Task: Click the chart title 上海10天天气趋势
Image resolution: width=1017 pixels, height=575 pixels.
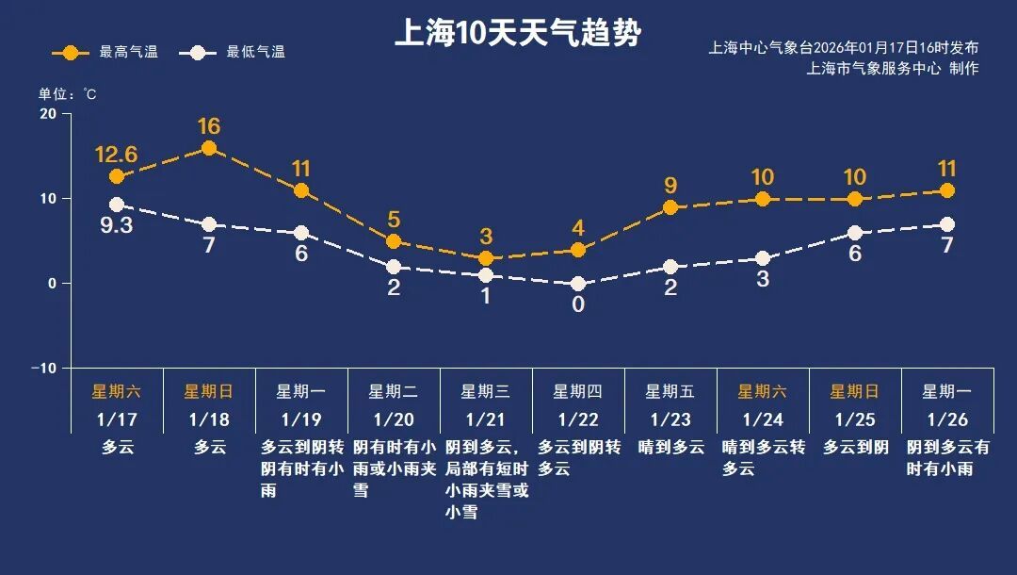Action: pos(517,33)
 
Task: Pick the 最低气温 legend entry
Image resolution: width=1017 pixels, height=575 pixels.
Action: pos(241,53)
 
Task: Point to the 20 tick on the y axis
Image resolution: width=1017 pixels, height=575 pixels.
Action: pos(47,114)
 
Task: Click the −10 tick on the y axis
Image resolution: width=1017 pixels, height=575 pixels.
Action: pos(44,368)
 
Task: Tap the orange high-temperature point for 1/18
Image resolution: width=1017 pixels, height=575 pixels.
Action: pos(209,148)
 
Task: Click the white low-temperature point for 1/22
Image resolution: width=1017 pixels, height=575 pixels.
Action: pos(578,284)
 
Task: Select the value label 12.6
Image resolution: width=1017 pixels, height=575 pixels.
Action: pos(116,154)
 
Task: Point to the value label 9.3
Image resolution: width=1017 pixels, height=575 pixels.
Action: pos(116,226)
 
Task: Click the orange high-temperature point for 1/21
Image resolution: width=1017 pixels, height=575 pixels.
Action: pos(486,258)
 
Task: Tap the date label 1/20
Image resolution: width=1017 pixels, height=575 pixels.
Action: pos(394,419)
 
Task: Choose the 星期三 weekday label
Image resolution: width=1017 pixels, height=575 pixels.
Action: pos(486,391)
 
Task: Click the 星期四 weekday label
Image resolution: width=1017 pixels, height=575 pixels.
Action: pos(578,391)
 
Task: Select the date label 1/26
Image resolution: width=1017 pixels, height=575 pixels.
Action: pos(947,419)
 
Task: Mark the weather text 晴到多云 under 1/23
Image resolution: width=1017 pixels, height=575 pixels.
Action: pos(671,448)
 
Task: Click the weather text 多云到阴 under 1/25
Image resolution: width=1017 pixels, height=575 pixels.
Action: pos(855,448)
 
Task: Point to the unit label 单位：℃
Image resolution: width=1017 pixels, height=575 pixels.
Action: pos(67,94)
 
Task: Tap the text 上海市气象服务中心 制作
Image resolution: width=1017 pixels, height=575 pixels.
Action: pos(892,69)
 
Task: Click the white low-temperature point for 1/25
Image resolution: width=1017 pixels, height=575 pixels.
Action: pos(855,233)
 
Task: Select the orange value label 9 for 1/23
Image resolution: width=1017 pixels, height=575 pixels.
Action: pos(670,186)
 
